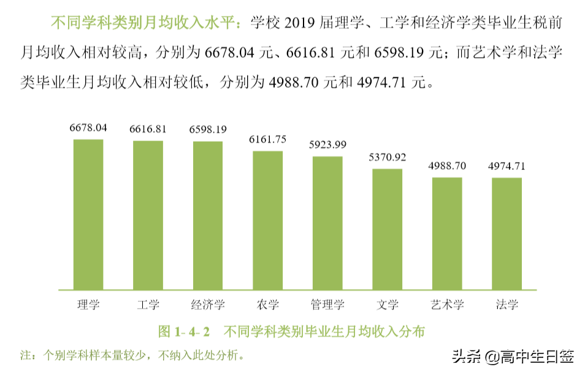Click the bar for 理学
pos(88,214)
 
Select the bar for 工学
pos(148,215)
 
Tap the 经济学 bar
pos(208,215)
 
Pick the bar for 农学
pos(268,220)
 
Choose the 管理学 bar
pos(327,222)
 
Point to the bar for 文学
pos(388,228)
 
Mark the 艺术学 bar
pos(447,233)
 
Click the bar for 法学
pos(507,233)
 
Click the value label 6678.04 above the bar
pos(88,128)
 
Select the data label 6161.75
pos(268,139)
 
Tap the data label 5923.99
pos(327,145)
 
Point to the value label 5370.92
pos(388,157)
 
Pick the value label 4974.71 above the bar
pos(507,166)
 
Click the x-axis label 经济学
pos(208,304)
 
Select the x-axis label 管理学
pos(327,304)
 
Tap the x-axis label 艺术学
pos(447,304)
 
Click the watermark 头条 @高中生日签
pos(513,357)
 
